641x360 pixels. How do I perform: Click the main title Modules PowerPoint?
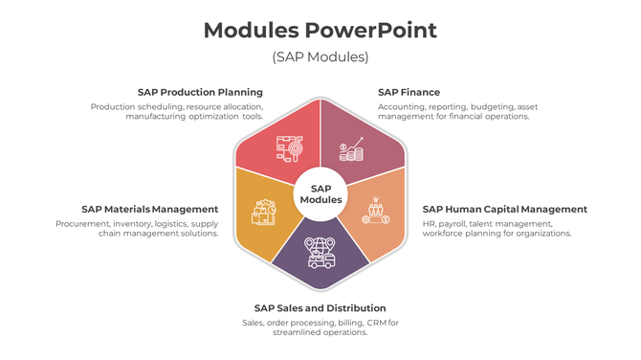[320, 30]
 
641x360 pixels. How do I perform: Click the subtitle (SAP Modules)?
[320, 56]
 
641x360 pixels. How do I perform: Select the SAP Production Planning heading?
[200, 93]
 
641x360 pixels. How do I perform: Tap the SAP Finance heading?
[409, 93]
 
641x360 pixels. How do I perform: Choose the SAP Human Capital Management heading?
[504, 209]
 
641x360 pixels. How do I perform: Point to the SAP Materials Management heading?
[149, 209]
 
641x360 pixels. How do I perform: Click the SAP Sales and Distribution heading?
[320, 308]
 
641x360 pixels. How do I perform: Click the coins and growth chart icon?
[351, 151]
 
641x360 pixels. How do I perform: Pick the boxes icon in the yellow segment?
[263, 213]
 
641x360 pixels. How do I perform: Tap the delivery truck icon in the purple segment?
[320, 252]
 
